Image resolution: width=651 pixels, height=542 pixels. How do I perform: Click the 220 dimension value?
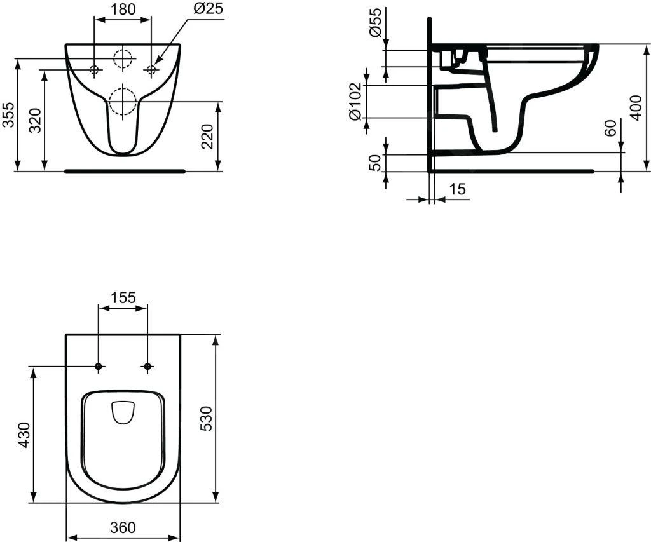[207, 136]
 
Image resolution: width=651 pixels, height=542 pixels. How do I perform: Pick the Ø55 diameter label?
[376, 24]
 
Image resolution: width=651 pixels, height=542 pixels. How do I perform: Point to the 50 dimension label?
[375, 163]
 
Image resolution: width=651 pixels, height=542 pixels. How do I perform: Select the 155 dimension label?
[122, 297]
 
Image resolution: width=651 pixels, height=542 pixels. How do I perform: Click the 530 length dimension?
[207, 417]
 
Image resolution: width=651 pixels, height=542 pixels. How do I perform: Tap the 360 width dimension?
[123, 527]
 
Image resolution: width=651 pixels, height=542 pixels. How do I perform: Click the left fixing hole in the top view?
[99, 366]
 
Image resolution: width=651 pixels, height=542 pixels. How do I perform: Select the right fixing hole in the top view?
[147, 366]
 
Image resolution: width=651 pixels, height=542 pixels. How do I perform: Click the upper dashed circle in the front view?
[123, 58]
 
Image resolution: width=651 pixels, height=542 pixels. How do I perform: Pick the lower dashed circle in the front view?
[122, 101]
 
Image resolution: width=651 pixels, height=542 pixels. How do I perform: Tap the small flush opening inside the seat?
[122, 412]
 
